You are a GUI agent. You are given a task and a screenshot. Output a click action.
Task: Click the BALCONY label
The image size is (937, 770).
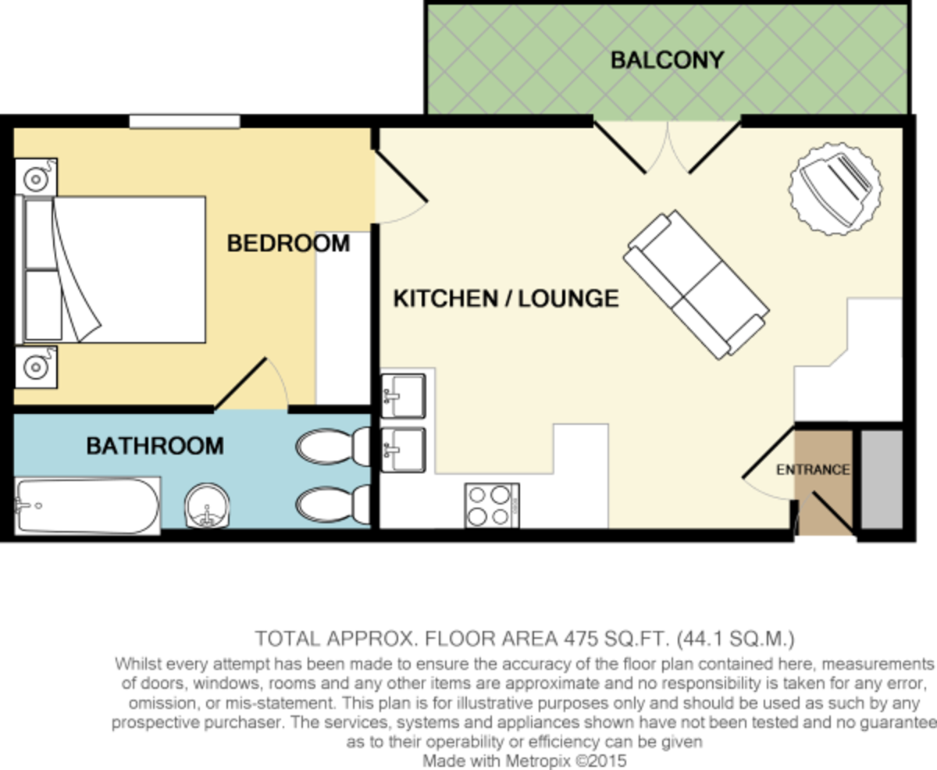point(667,60)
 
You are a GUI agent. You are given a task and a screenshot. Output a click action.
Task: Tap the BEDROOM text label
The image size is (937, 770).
point(288,244)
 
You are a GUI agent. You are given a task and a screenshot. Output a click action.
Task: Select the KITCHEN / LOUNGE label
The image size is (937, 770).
point(505,298)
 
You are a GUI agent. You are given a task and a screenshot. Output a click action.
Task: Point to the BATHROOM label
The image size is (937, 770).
point(155,446)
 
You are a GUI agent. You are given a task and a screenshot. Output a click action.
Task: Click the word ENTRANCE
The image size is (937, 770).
point(812,470)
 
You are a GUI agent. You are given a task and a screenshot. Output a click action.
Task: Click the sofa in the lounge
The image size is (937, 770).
point(696,284)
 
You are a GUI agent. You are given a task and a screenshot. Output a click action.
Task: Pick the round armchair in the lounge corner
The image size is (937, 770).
point(835,188)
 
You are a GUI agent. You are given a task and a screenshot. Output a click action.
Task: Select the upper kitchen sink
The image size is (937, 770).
point(403,394)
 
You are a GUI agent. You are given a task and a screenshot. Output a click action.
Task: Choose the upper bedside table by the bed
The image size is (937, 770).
point(35,179)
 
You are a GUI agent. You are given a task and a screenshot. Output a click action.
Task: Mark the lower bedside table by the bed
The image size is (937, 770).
point(35,366)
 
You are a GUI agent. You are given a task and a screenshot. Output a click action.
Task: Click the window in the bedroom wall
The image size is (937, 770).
point(184,121)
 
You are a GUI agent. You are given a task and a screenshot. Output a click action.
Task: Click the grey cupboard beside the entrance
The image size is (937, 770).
point(881,479)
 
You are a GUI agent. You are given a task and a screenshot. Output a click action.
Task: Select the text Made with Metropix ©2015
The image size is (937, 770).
point(524,760)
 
